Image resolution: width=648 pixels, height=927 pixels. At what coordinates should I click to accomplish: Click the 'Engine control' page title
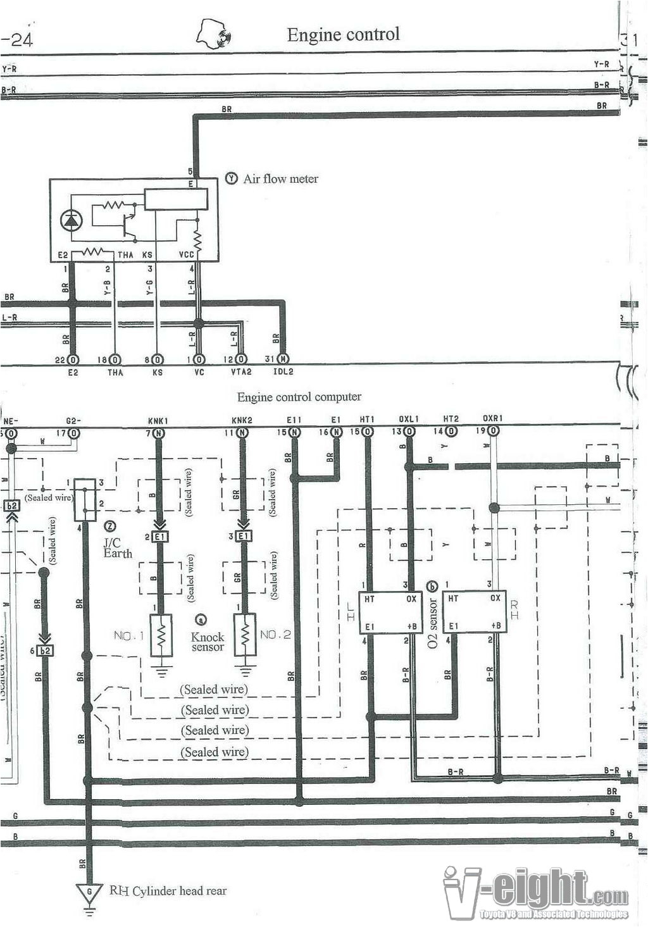coord(343,34)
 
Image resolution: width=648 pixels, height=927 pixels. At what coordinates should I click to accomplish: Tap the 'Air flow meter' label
coord(280,179)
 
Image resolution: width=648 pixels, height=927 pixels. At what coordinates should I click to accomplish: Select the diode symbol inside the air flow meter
coord(71,220)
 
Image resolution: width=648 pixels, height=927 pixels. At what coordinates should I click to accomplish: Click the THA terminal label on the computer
coord(115,373)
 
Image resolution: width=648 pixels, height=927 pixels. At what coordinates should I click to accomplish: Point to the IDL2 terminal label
coord(283,372)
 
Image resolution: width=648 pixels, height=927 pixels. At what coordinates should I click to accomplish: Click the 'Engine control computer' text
coord(299,397)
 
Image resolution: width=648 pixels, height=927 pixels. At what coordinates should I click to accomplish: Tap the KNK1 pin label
coord(158,421)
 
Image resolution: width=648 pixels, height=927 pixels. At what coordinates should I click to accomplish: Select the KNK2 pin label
coord(242,420)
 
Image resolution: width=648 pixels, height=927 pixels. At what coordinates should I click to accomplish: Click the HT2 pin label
coord(451,419)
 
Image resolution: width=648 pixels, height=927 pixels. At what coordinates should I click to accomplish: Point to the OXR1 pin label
coord(492,419)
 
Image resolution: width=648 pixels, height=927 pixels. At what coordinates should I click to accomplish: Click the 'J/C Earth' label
coord(117,548)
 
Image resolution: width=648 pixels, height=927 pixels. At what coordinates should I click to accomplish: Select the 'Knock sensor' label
coord(208,642)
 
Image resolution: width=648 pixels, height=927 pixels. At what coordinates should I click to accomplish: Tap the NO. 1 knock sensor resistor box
coord(162,635)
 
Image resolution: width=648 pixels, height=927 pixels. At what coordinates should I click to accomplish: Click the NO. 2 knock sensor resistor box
coord(245,635)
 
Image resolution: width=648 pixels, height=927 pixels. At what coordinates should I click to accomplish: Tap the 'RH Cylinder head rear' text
coord(168,891)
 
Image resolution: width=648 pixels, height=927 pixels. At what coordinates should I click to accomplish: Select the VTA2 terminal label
coord(241,373)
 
